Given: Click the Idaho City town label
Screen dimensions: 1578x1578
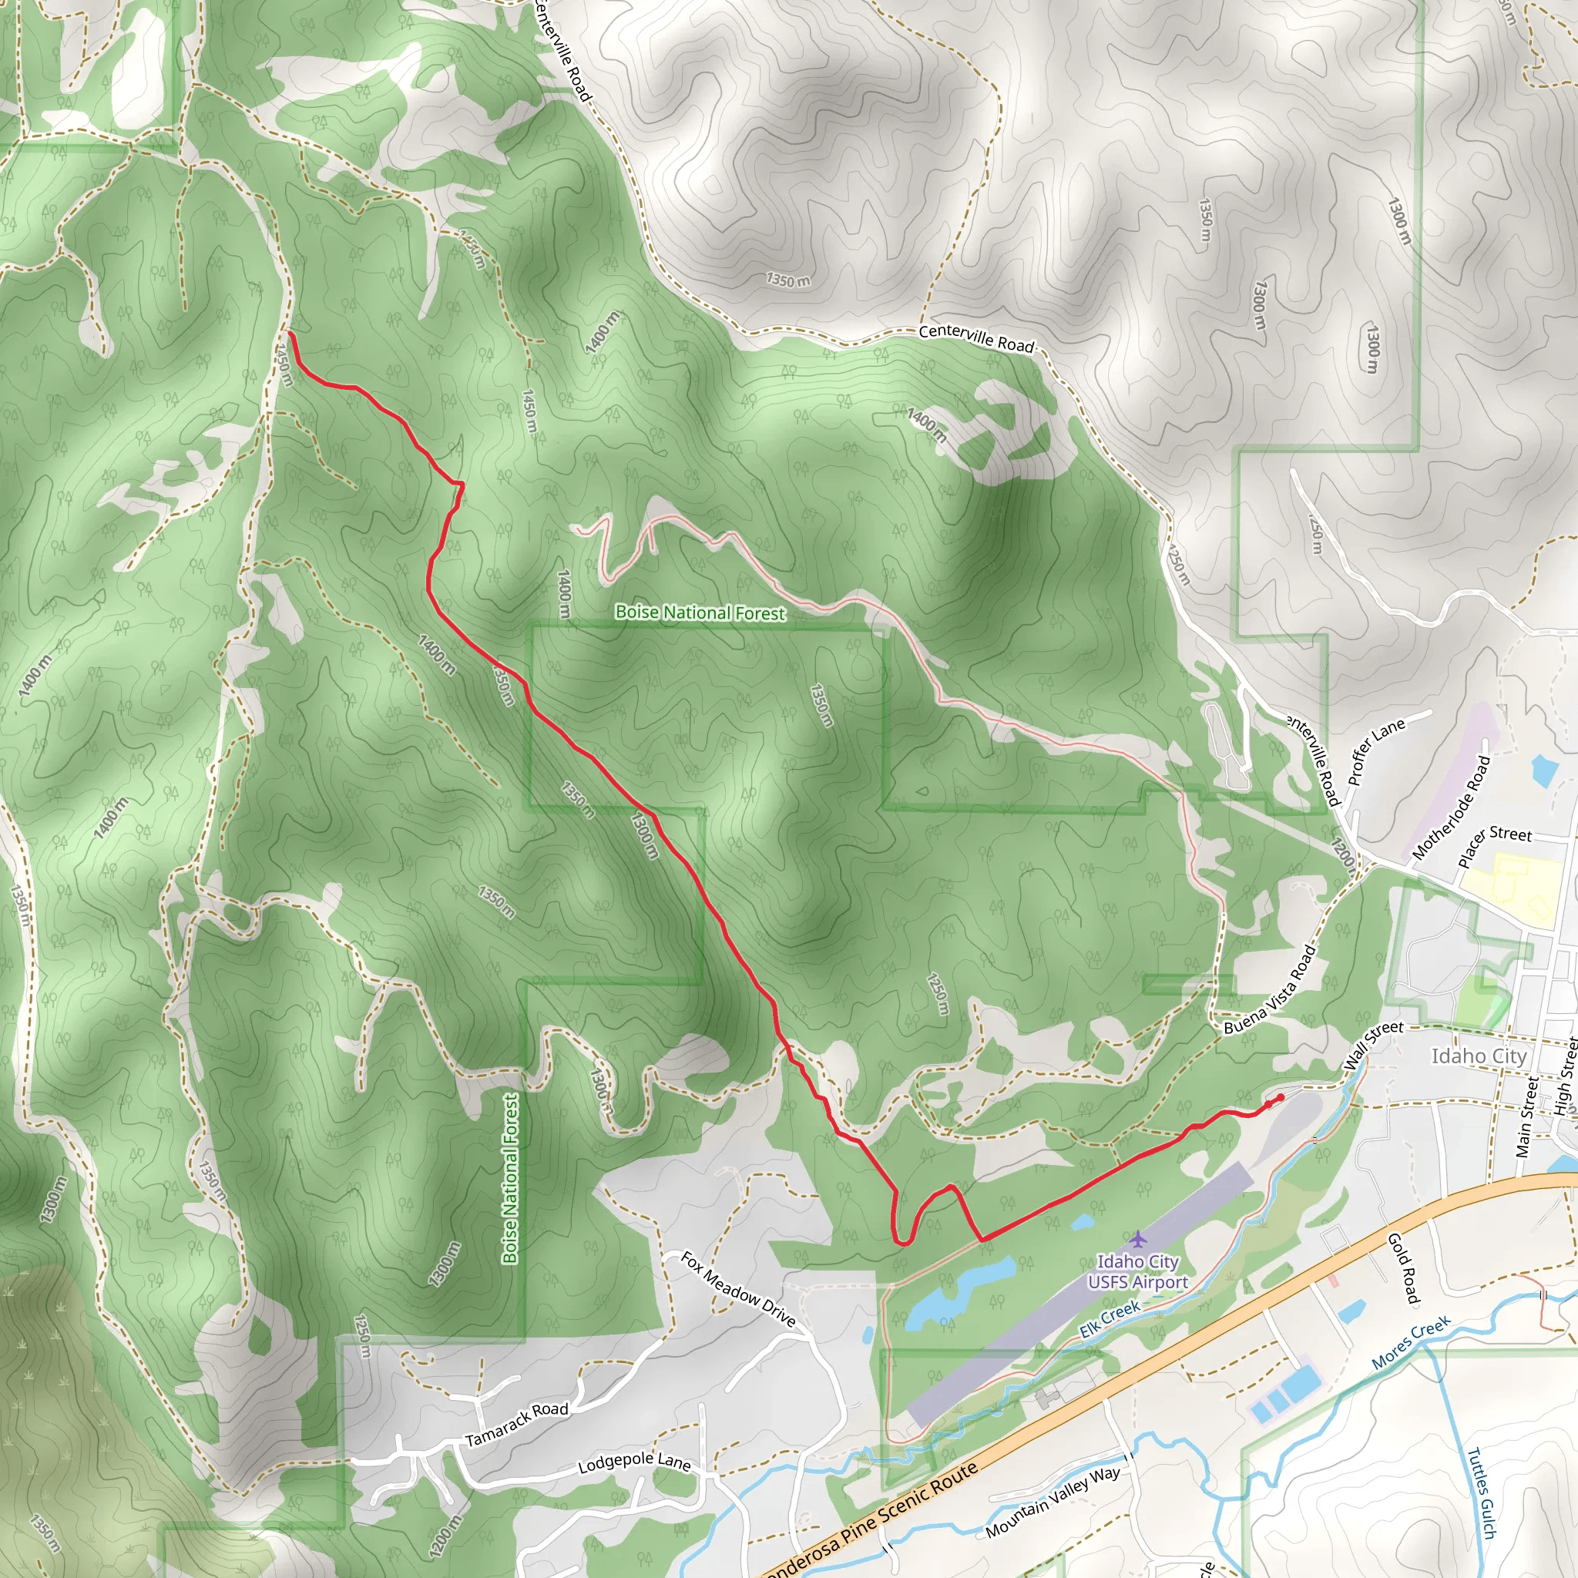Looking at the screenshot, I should pyautogui.click(x=1479, y=1056).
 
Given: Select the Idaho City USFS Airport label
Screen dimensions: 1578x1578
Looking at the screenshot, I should pyautogui.click(x=1137, y=1271).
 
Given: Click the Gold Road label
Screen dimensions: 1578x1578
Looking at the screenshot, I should pyautogui.click(x=1404, y=1268).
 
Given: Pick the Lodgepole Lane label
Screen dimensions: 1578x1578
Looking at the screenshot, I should pyautogui.click(x=634, y=1463).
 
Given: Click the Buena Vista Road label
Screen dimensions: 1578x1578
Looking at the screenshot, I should pyautogui.click(x=1271, y=990).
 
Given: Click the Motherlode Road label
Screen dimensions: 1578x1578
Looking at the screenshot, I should pyautogui.click(x=1452, y=807).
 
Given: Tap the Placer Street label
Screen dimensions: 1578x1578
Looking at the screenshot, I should pyautogui.click(x=1495, y=846).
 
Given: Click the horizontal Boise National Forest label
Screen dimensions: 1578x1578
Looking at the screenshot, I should pyautogui.click(x=700, y=613).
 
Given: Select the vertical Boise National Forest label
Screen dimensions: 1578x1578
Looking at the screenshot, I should pyautogui.click(x=511, y=1179).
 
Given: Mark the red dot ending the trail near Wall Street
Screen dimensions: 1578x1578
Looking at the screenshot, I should pyautogui.click(x=1280, y=1097).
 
